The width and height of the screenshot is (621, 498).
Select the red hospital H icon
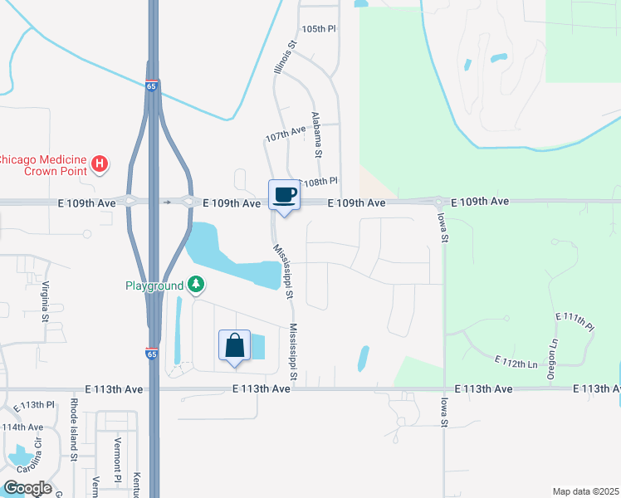click(100, 164)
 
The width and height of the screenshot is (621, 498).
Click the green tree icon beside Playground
click(196, 286)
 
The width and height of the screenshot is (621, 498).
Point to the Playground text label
click(154, 286)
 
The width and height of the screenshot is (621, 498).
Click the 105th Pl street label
click(319, 29)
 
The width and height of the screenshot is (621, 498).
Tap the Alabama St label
click(316, 134)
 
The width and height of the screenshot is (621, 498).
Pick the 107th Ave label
click(286, 134)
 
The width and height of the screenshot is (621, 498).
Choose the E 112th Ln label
click(516, 362)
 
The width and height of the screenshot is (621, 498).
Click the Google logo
click(27, 488)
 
